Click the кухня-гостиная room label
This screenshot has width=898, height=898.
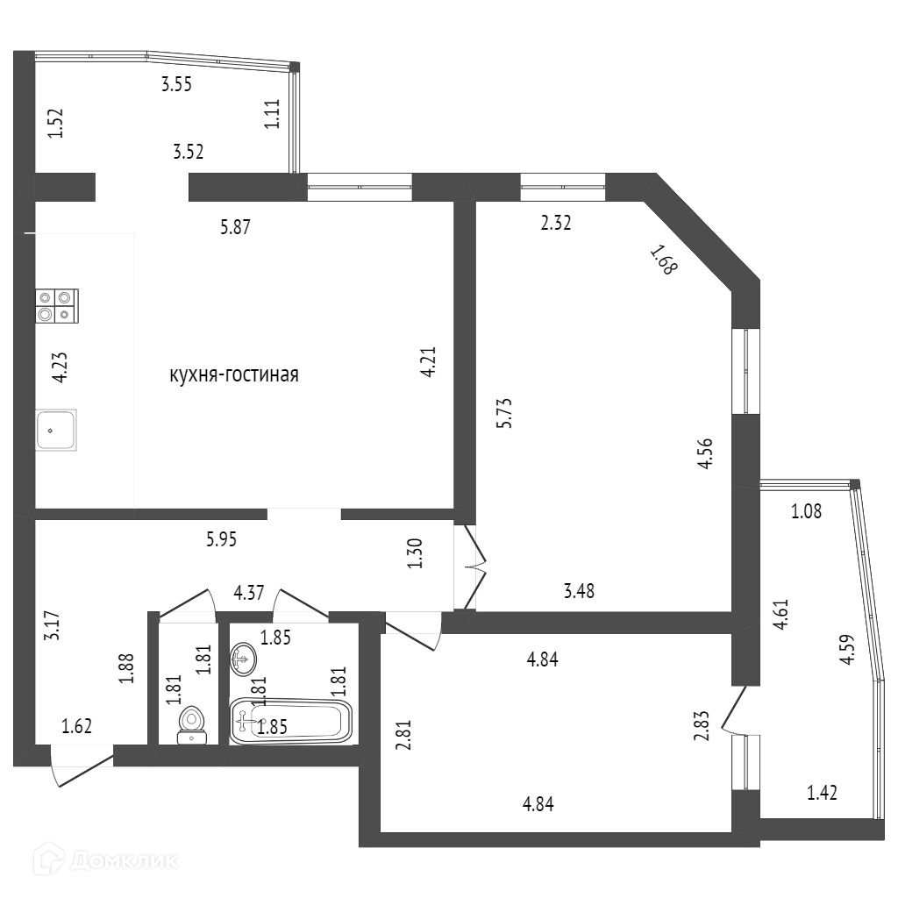234,375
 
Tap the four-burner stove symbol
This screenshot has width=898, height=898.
56,305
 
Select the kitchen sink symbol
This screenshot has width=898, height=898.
56,430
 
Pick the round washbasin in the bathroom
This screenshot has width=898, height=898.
245,658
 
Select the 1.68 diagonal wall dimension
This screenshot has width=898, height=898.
663,260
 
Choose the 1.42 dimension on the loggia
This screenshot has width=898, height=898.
822,794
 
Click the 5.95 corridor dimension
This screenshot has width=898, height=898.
222,539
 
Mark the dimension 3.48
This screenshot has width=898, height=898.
580,591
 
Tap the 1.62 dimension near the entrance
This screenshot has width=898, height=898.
76,725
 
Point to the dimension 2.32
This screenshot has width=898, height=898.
556,223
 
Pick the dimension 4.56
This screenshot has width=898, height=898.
703,455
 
